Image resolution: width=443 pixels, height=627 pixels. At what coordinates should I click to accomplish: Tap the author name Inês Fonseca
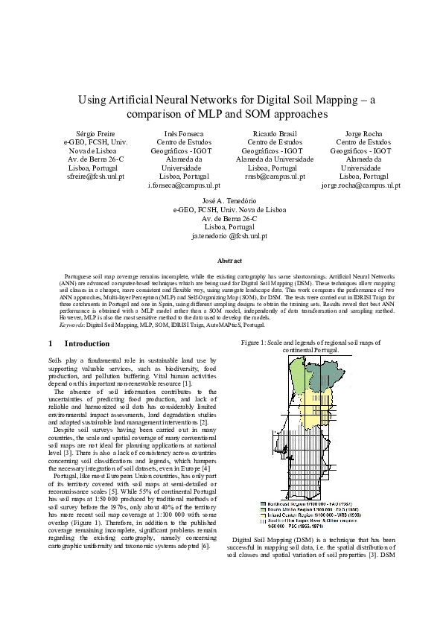coord(185,132)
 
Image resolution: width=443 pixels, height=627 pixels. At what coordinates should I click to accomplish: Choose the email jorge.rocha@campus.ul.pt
coord(360,185)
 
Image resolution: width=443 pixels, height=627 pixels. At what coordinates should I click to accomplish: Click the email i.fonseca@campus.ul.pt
coord(184,185)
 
